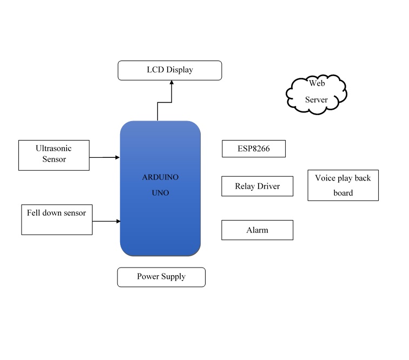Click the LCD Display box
coord(170,70)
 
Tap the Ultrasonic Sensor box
coord(54,155)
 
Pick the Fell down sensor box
coord(56,219)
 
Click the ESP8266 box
coord(253,149)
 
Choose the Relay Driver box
coord(258,186)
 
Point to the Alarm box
coord(257,230)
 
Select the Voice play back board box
coord(343,185)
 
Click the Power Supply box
coord(161,277)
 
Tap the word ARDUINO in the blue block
coord(160,177)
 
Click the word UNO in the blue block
coord(160,192)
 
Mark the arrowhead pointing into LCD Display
coord(172,83)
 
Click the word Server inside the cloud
coord(316,100)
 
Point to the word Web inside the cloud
coord(316,83)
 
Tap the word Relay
coord(245,186)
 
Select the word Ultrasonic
coord(54,148)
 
